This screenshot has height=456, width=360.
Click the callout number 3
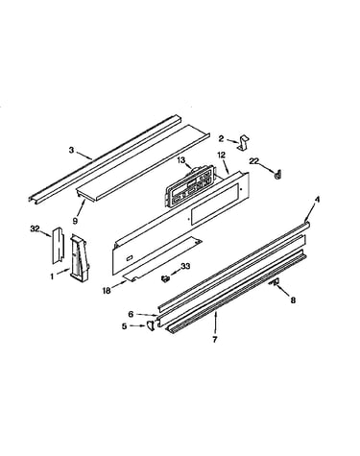71,150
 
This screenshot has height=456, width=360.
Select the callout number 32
35,228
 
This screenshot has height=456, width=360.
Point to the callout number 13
181,160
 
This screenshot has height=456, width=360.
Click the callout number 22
254,161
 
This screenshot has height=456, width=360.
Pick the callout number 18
107,291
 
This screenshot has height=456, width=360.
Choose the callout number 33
185,266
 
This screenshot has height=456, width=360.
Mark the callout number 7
215,340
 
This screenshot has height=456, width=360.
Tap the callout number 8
294,300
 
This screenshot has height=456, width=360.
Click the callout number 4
317,200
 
